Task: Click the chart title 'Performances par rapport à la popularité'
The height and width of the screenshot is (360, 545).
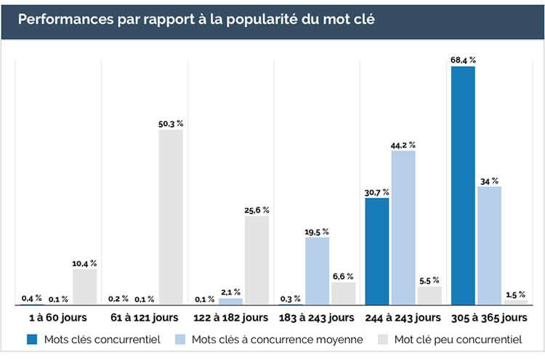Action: [196, 18]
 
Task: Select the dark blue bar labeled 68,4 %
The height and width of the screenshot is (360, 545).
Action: [463, 185]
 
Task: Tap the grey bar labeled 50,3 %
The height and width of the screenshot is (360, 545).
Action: [171, 217]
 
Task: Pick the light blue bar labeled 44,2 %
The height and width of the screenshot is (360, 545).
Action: [403, 227]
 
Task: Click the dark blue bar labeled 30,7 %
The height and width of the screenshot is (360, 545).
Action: [377, 250]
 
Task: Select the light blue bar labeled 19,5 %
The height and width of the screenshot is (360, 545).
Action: [317, 270]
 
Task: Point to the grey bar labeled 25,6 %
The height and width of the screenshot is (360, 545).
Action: [257, 260]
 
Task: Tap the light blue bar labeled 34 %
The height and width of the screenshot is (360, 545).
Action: [489, 245]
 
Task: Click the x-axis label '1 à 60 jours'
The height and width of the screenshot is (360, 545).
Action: [58, 318]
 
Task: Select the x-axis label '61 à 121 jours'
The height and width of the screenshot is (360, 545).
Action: [144, 318]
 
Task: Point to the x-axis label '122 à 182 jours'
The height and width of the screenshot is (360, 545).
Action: [230, 318]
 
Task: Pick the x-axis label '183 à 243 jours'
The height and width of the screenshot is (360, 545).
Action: [317, 318]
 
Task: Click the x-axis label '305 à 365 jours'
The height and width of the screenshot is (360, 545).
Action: [489, 318]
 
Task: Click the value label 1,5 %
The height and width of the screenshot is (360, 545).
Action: [515, 294]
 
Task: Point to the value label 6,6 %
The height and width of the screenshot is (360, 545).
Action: [343, 276]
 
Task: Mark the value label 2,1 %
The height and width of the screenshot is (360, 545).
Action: [230, 292]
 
